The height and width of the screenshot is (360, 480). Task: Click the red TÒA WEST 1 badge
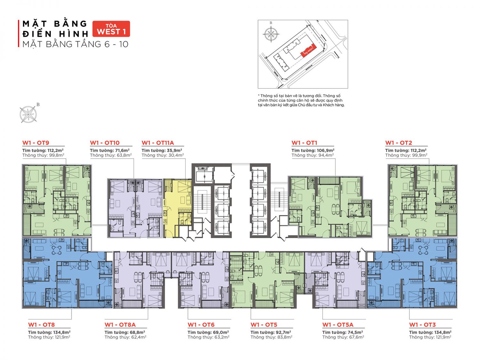tap(111, 29)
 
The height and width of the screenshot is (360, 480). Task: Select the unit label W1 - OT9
tap(36, 143)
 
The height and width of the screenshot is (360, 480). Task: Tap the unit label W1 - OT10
tap(105, 143)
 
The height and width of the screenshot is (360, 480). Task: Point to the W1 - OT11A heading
tap(158, 143)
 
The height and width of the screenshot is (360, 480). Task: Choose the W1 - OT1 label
tap(304, 143)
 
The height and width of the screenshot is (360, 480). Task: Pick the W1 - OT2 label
tap(398, 143)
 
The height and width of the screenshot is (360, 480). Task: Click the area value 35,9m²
tap(174, 150)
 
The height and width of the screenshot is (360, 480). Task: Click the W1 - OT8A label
tap(120, 324)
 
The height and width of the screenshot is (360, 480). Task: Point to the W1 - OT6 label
tap(201, 324)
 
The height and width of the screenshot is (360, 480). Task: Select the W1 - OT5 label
tap(264, 324)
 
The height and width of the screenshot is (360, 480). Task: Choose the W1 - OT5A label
tap(338, 324)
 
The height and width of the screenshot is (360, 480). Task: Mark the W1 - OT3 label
tap(422, 324)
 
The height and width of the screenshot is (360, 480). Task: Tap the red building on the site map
tap(308, 51)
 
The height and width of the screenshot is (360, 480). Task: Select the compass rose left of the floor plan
tap(28, 114)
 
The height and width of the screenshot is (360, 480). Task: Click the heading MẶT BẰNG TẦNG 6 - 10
tap(75, 44)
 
